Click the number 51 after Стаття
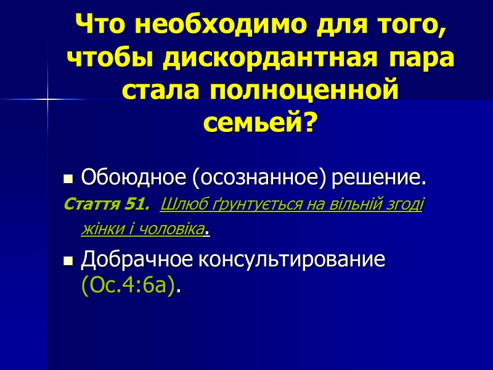coord(138,203)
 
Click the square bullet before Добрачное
coord(68,261)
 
